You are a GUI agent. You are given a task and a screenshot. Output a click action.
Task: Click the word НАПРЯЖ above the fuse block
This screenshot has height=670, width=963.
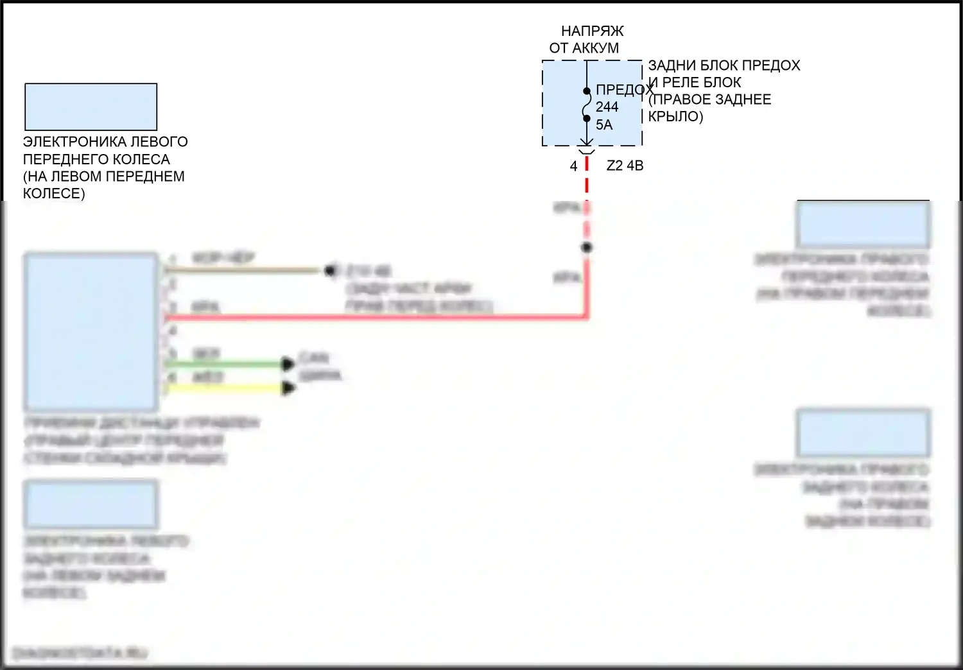tap(592, 31)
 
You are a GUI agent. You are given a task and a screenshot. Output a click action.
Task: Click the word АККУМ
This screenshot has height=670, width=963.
tap(596, 48)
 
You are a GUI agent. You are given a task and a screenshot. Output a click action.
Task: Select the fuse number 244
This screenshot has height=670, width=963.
tap(607, 107)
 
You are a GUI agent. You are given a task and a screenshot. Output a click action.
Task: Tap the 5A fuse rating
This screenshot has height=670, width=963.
tap(604, 125)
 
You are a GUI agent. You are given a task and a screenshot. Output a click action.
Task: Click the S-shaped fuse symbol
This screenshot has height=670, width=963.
tap(586, 105)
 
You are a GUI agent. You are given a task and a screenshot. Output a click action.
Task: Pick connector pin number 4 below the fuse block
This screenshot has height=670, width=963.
tap(573, 166)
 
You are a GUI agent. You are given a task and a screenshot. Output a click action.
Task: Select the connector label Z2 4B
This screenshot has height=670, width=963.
tap(625, 166)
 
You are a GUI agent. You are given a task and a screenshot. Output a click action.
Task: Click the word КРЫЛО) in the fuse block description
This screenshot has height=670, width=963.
tap(675, 117)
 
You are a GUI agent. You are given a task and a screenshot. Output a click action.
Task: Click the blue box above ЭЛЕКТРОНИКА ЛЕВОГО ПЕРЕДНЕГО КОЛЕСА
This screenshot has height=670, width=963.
tap(91, 107)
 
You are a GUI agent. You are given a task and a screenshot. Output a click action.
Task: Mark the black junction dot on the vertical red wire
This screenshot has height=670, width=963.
tap(586, 247)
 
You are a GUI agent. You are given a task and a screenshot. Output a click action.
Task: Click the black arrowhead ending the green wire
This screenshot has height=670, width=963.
tap(288, 365)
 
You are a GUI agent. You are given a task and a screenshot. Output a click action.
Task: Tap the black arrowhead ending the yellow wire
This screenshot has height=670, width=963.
tap(289, 388)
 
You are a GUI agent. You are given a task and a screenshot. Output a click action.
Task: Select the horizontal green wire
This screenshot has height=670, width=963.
tap(225, 365)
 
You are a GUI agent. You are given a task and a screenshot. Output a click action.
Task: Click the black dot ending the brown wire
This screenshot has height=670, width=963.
tap(330, 271)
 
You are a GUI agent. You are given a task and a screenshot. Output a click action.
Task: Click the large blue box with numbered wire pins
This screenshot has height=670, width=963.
tap(91, 332)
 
